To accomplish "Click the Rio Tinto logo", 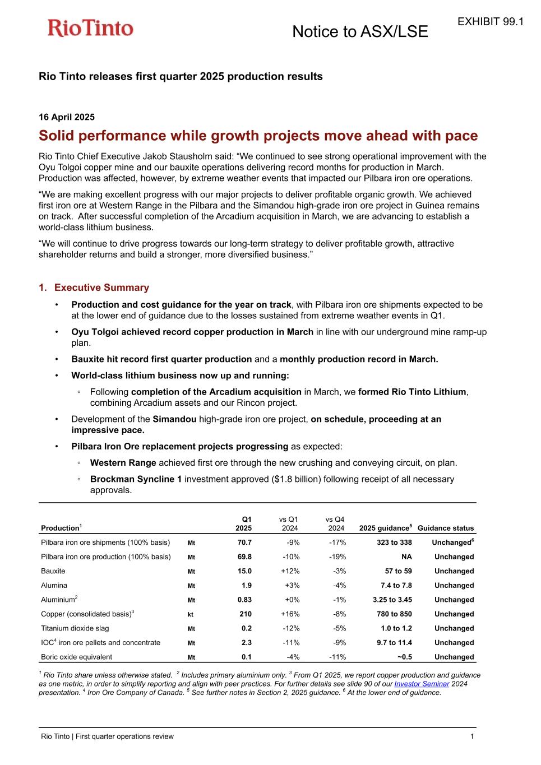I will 90,28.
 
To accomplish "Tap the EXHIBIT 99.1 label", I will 490,21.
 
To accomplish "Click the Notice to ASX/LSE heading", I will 360,32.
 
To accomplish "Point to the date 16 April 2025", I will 66,117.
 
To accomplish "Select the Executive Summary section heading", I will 101,288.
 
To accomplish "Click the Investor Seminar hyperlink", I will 422,684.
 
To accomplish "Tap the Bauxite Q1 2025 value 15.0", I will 244,571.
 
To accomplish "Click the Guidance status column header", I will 446,528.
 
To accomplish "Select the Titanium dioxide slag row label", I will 75,628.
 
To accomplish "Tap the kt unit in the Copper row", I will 191,615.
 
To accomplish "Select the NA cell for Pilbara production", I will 406,557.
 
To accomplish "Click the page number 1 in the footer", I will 472,736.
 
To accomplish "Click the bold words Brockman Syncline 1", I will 136,479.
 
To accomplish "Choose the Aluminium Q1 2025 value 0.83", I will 244,600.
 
